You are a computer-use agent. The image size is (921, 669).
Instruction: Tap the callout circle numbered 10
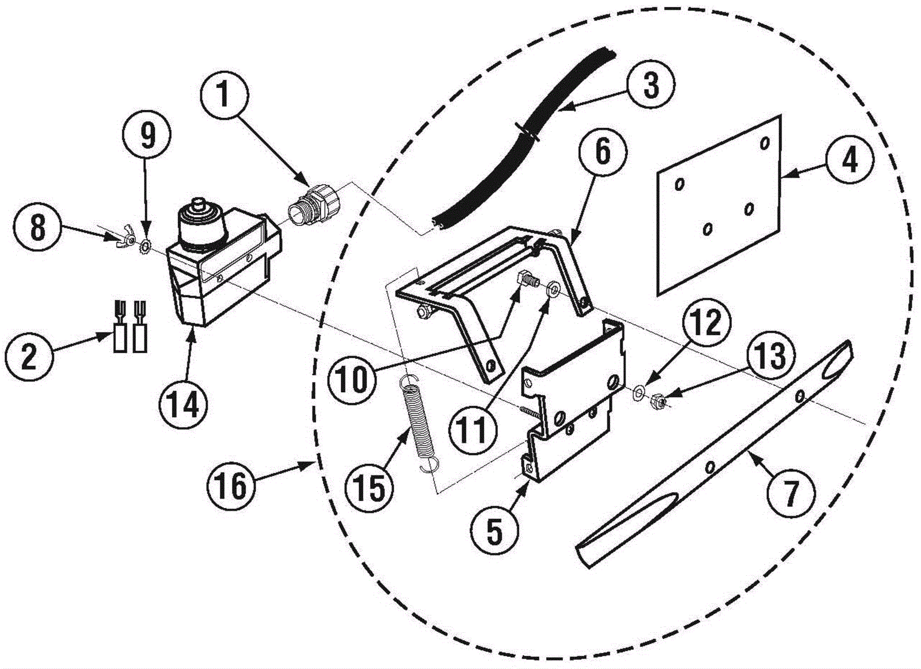point(352,379)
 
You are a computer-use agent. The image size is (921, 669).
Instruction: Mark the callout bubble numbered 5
point(494,530)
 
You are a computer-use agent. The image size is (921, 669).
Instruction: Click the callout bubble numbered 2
point(29,355)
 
